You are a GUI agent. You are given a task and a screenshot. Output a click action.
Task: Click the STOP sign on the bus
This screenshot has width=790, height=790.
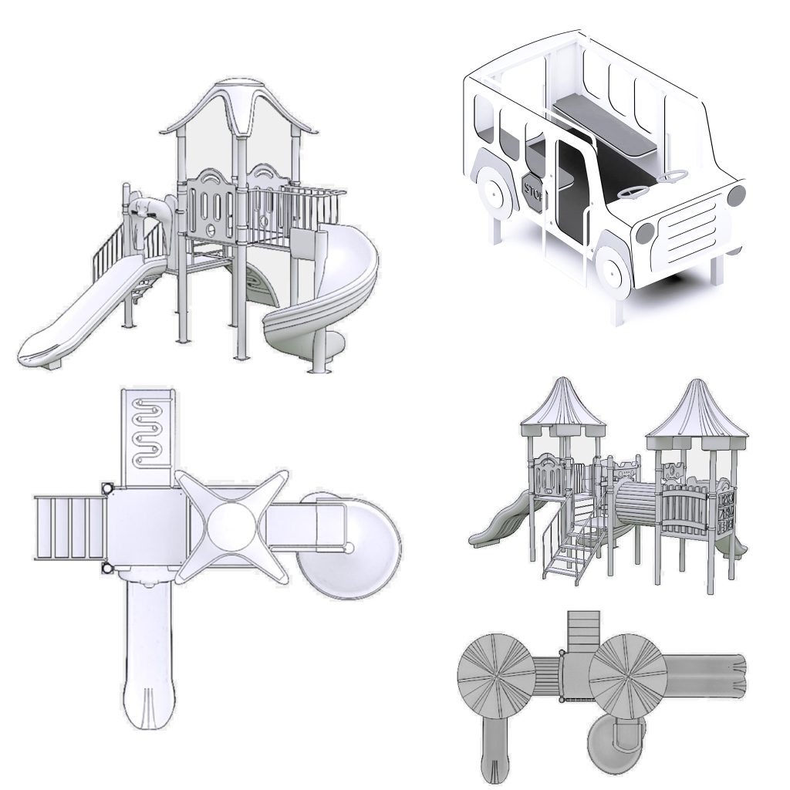coord(535,192)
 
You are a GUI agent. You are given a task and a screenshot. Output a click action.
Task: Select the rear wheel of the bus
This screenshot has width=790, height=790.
coord(496,191)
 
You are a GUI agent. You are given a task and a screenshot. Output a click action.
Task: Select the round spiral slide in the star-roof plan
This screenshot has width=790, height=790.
coord(349,546)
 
